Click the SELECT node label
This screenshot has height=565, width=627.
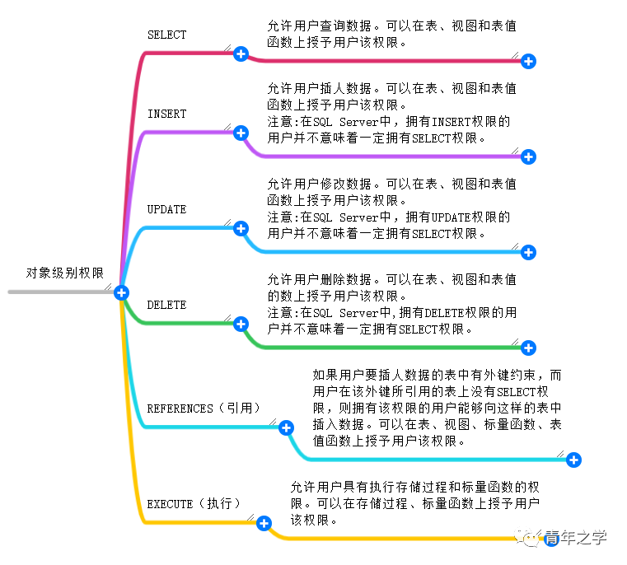tap(166, 35)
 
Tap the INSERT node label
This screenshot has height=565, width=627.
tap(166, 114)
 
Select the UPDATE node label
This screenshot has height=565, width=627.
tap(166, 209)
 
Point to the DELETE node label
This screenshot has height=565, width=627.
tap(166, 305)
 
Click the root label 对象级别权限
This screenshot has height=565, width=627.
tap(65, 273)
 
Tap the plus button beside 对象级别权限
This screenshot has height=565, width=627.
tap(121, 292)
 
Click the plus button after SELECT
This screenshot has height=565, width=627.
tap(241, 54)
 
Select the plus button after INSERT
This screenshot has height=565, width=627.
tap(241, 133)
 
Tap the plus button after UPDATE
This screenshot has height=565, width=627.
tap(241, 228)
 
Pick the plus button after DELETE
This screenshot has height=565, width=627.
tap(241, 324)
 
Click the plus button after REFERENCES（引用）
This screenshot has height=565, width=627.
tap(286, 427)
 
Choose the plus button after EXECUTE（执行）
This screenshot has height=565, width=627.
tap(264, 523)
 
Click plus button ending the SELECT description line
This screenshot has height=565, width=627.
tap(528, 61)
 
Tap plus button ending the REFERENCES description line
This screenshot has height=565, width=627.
tap(574, 460)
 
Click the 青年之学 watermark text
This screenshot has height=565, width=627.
tap(575, 538)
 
